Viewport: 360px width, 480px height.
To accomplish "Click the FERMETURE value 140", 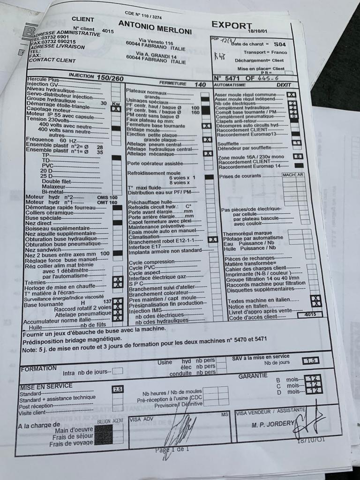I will (200, 85).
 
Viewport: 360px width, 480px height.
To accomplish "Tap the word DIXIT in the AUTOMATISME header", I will (284, 85).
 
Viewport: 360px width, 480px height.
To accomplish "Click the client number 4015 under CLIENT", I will (107, 31).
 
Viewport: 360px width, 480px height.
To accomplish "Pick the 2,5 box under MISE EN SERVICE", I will (118, 389).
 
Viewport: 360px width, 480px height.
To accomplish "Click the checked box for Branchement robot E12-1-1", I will (212, 240).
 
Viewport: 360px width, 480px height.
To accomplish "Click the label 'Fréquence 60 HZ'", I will (47, 140).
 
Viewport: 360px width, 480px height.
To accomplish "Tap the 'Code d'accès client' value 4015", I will (310, 315).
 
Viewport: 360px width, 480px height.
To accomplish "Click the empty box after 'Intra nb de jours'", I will (118, 371).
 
